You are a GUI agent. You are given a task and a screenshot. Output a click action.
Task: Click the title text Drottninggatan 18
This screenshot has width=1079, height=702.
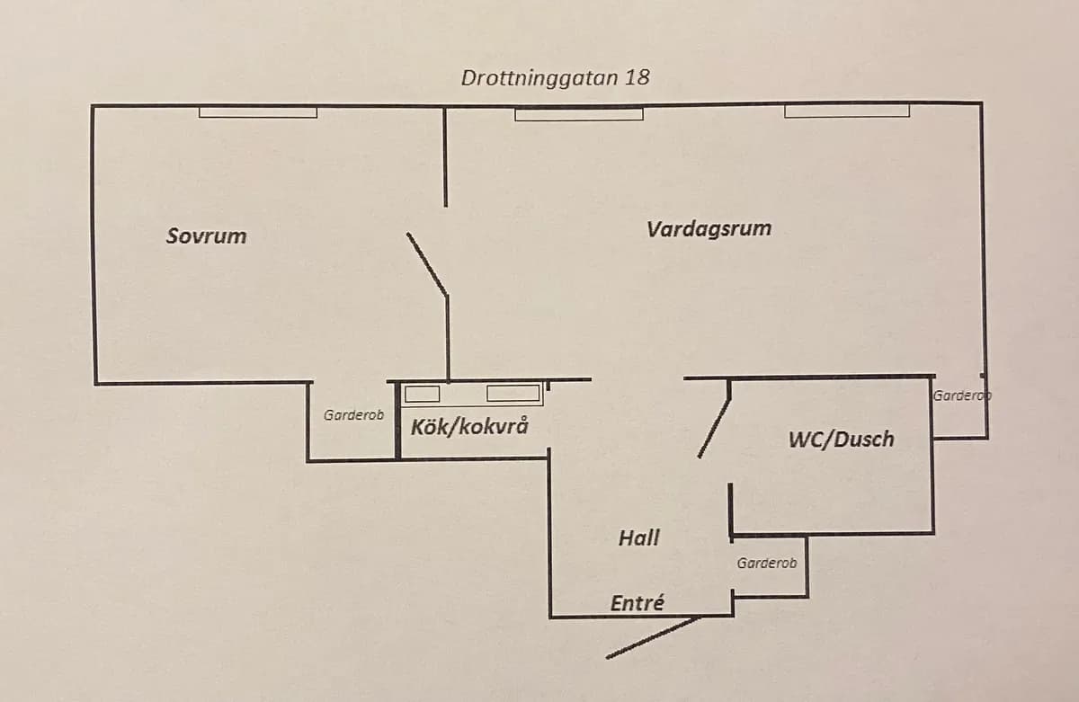pyautogui.click(x=555, y=77)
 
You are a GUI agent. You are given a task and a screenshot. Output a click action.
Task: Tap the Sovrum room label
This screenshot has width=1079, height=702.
pyautogui.click(x=206, y=236)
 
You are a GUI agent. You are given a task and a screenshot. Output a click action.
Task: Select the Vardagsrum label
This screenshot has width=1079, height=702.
pyautogui.click(x=709, y=228)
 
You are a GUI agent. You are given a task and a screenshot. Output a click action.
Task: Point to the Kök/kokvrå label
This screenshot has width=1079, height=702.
pyautogui.click(x=469, y=426)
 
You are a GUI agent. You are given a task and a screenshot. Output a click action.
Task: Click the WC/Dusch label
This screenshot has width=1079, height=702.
pyautogui.click(x=841, y=440)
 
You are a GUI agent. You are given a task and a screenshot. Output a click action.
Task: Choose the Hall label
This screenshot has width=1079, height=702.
pyautogui.click(x=638, y=538)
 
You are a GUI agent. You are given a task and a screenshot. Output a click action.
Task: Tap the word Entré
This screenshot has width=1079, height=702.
pyautogui.click(x=637, y=603)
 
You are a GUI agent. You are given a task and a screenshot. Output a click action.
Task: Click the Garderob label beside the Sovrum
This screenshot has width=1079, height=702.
pyautogui.click(x=353, y=415)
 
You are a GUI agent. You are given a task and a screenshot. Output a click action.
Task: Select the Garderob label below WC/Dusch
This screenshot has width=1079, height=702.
pyautogui.click(x=766, y=564)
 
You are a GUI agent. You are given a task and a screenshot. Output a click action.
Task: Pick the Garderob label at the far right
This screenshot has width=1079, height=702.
pyautogui.click(x=961, y=395)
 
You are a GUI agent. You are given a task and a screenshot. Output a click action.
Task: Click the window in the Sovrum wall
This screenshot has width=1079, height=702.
pyautogui.click(x=257, y=112)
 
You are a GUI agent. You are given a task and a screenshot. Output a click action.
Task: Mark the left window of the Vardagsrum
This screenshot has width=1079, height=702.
pyautogui.click(x=579, y=113)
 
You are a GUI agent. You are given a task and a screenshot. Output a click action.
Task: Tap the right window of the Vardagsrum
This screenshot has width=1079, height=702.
pyautogui.click(x=846, y=111)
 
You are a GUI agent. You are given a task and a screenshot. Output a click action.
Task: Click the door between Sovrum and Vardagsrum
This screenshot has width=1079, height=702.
pyautogui.click(x=427, y=263)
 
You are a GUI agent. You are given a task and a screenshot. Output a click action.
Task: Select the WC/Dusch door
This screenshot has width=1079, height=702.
pyautogui.click(x=715, y=418)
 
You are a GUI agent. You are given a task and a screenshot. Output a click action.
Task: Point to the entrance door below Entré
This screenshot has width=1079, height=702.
pyautogui.click(x=653, y=637)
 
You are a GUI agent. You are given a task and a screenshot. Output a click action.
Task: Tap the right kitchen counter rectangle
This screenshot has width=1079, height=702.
pyautogui.click(x=513, y=393)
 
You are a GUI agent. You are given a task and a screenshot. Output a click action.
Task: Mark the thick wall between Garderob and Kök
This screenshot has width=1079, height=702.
pyautogui.click(x=396, y=420)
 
